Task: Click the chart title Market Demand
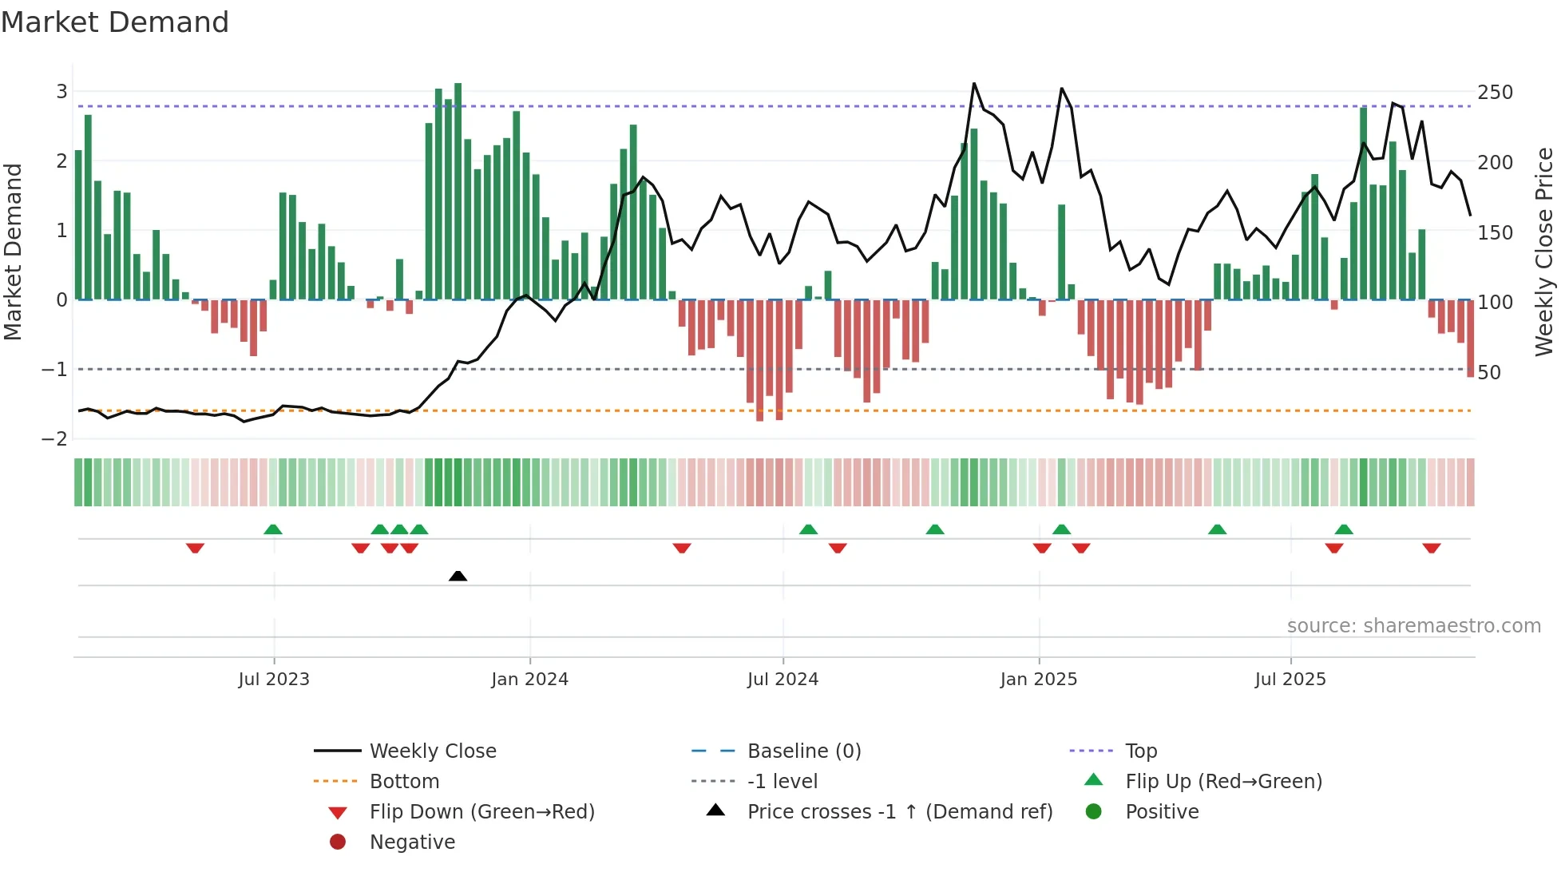[115, 22]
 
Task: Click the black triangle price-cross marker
[458, 576]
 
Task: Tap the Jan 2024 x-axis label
[529, 680]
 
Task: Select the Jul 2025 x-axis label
[1290, 680]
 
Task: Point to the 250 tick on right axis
[1495, 93]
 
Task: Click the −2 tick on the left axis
[54, 439]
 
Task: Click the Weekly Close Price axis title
[1544, 252]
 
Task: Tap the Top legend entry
[1140, 751]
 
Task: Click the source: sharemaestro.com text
[1413, 626]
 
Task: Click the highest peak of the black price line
[974, 84]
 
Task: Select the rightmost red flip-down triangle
[1431, 548]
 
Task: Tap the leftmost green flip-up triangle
[273, 529]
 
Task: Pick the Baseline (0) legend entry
[803, 751]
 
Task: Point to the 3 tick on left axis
[61, 92]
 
